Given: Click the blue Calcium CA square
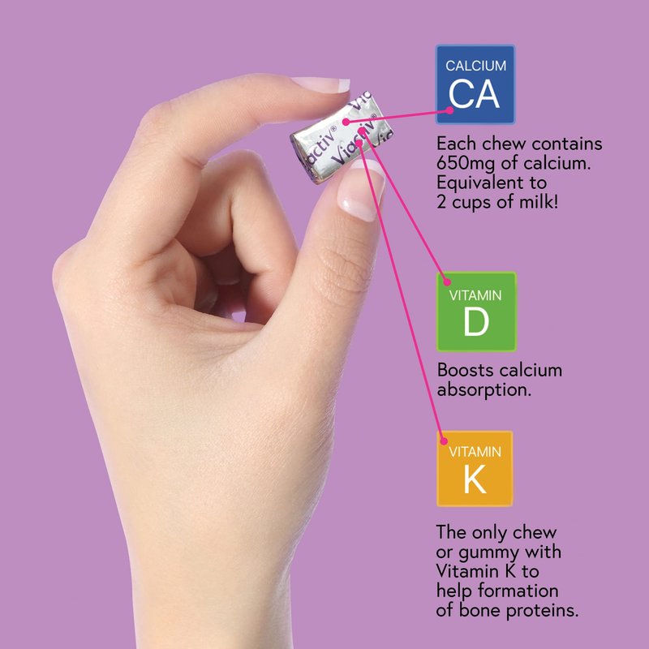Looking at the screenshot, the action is [x=475, y=84].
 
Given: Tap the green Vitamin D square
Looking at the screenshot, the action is [x=476, y=312].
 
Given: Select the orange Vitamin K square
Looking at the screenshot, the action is [x=475, y=469].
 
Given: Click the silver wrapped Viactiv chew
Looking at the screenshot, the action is [x=342, y=136].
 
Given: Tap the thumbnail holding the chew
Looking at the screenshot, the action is [x=360, y=189].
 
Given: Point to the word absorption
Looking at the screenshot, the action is [x=484, y=390].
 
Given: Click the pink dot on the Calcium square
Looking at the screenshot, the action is [x=449, y=110].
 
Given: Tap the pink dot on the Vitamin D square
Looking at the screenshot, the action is [x=447, y=282].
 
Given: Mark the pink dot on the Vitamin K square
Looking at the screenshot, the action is [x=444, y=441].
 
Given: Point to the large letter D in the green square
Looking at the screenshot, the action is [x=476, y=321].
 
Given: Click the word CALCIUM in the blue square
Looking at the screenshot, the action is [x=475, y=66].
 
